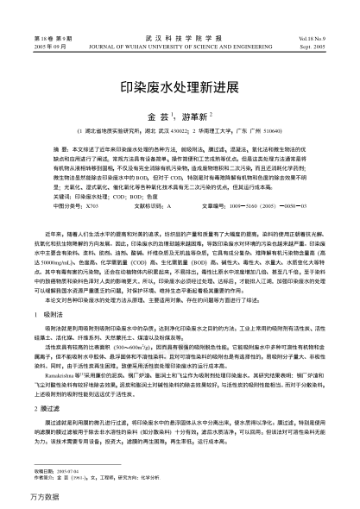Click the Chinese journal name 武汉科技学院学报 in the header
tap(180, 16)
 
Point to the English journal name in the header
tap(180, 23)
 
